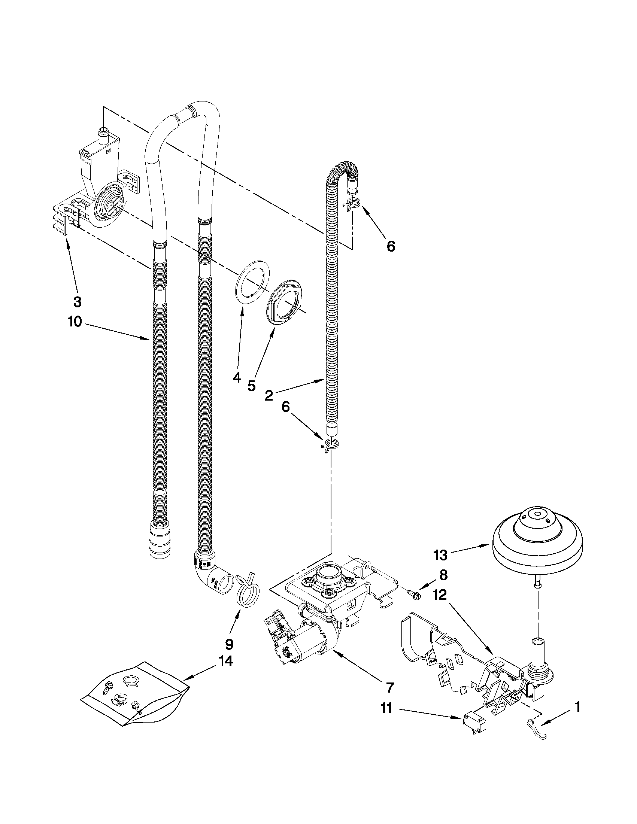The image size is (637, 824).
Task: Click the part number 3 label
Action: (x=77, y=301)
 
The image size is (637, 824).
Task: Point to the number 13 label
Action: (x=440, y=554)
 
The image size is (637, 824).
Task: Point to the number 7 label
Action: (x=390, y=687)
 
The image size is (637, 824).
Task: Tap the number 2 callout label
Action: (x=269, y=396)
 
